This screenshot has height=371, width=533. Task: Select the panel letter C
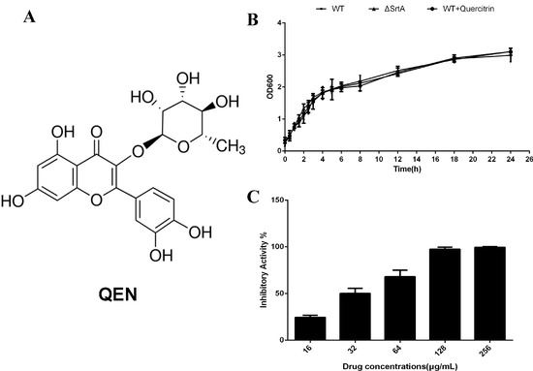pos(254,198)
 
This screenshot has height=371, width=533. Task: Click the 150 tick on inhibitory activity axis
pos(276,201)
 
